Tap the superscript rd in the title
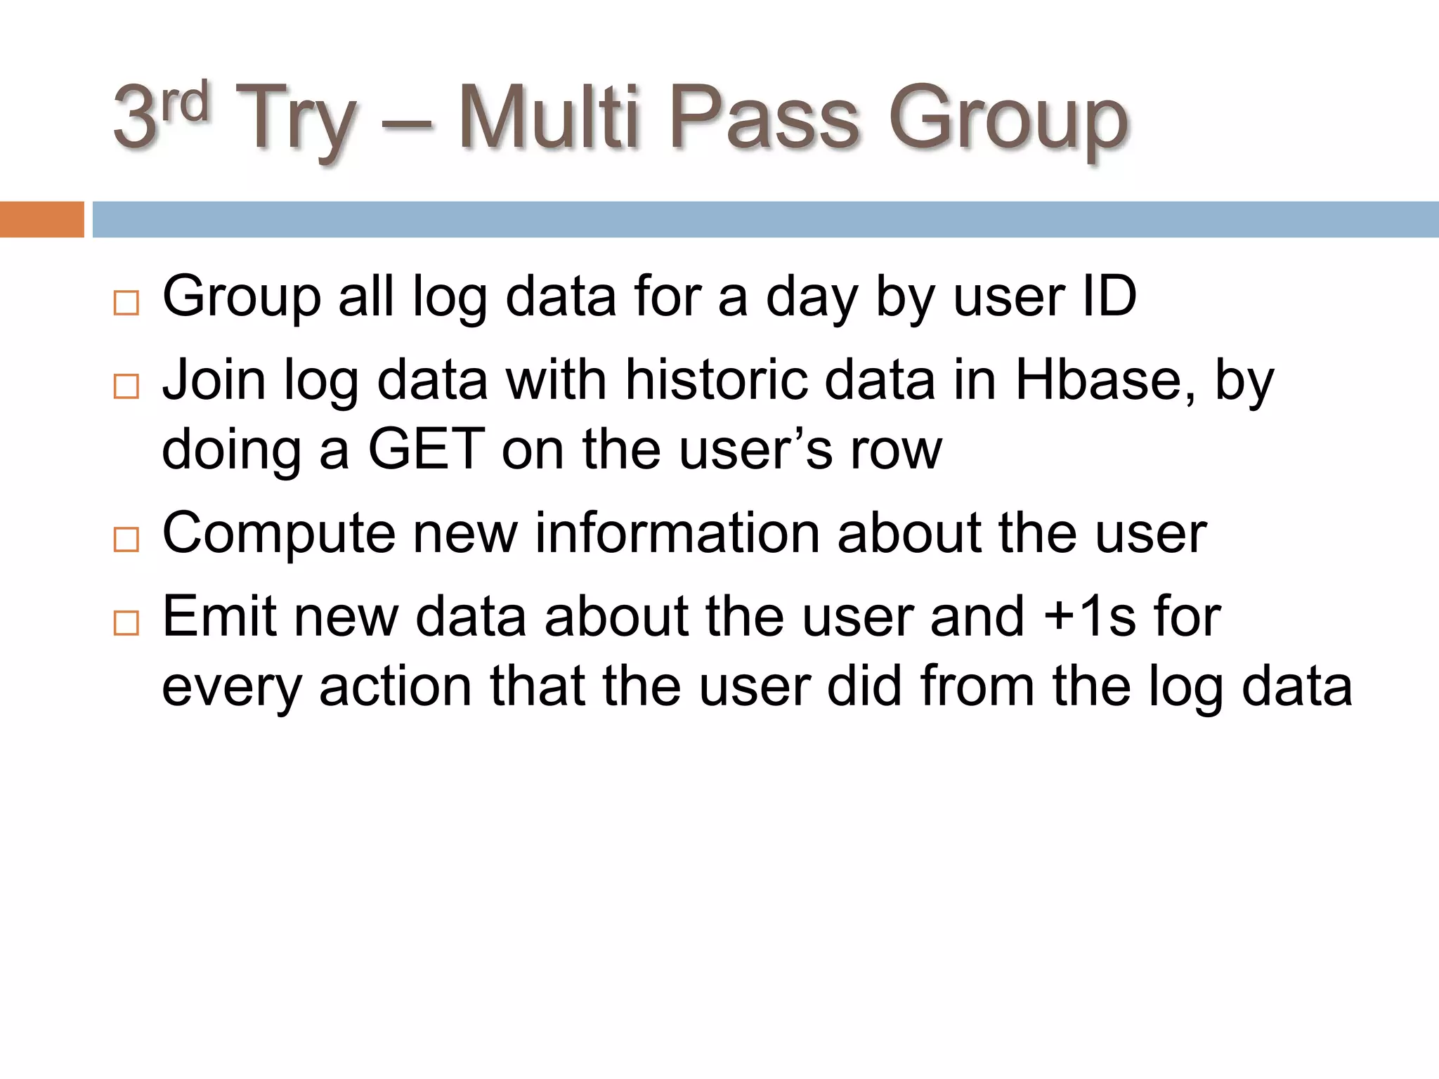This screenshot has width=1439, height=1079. [185, 102]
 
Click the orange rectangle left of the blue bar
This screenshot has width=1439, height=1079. [41, 219]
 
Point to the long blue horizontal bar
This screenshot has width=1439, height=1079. [765, 219]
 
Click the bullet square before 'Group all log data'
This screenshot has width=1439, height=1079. [126, 303]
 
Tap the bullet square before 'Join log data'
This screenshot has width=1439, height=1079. [126, 386]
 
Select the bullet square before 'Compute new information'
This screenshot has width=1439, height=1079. [126, 539]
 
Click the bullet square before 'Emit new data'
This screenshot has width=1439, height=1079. [126, 622]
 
